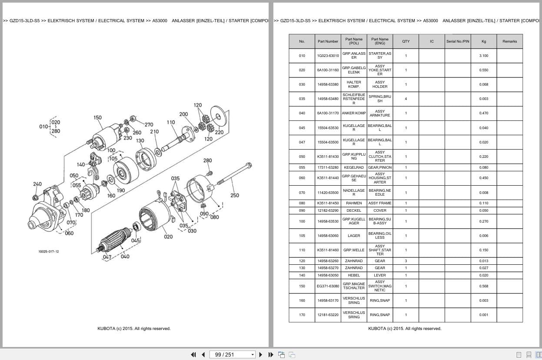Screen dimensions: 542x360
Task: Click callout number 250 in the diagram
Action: point(235,195)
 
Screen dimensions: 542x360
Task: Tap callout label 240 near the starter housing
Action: point(37,184)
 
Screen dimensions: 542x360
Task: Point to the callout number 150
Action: point(97,117)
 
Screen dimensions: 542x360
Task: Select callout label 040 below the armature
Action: point(125,257)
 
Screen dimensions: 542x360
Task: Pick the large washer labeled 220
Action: point(218,117)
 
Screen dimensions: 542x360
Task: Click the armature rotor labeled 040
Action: point(114,240)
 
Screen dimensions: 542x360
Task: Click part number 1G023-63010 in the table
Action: point(328,56)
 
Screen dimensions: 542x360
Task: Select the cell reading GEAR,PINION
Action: point(379,167)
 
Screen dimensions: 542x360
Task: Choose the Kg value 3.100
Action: point(483,56)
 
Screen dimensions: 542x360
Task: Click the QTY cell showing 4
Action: point(406,99)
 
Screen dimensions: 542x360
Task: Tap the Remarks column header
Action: point(509,41)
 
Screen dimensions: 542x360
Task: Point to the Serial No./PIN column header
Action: point(458,41)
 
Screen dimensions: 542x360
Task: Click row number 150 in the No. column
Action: point(302,286)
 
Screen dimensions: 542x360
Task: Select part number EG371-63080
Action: point(328,286)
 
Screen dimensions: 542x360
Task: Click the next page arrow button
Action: point(261,355)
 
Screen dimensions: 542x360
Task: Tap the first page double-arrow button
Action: point(193,355)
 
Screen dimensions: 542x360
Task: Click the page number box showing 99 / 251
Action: point(232,355)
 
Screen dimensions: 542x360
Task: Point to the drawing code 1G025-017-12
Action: point(49,252)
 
